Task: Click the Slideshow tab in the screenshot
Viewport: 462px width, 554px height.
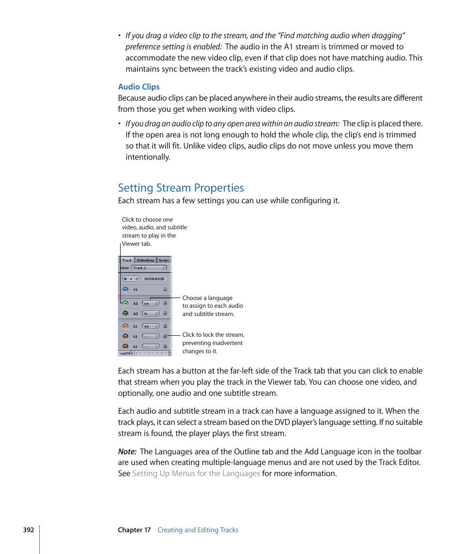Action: coord(145,260)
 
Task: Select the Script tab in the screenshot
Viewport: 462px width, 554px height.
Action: coord(164,260)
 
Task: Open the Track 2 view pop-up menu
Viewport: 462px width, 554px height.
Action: coord(149,268)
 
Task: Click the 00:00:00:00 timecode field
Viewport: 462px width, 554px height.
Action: coord(154,279)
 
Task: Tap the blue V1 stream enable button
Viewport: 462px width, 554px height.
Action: coord(125,289)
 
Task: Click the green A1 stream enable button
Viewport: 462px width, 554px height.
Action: coord(125,303)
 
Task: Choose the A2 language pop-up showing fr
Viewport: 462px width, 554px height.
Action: coord(151,314)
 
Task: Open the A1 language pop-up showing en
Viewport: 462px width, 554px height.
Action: coord(151,303)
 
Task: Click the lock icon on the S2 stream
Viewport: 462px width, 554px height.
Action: coord(165,336)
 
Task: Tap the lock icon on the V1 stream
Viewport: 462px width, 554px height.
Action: coord(165,289)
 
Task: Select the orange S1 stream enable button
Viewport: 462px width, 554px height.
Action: coord(125,326)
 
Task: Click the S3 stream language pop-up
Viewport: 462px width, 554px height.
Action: coord(151,346)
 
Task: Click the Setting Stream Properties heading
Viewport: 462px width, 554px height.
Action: coord(181,188)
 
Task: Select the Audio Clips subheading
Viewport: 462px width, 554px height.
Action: coord(139,87)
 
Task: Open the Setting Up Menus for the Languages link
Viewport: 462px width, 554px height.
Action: coord(196,474)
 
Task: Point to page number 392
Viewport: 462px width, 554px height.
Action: coord(29,530)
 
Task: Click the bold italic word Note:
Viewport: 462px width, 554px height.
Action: coord(127,452)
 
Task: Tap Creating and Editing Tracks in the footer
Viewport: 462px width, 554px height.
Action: coord(198,530)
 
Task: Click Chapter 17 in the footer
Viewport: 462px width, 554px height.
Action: coord(134,530)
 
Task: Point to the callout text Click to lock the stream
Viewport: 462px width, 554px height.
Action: coord(213,335)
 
